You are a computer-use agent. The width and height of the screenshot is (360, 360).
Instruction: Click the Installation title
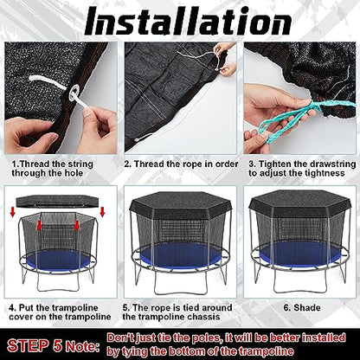pyautogui.click(x=188, y=21)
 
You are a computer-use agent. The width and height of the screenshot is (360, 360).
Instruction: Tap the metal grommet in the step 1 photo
pyautogui.click(x=74, y=93)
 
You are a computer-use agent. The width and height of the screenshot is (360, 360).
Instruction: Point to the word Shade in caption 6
pyautogui.click(x=307, y=307)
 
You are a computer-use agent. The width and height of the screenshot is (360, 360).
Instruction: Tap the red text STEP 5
pyautogui.click(x=35, y=345)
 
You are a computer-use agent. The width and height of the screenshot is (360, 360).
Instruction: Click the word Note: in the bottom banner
pyautogui.click(x=83, y=346)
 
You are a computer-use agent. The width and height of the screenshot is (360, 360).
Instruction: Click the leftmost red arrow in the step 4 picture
pyautogui.click(x=12, y=212)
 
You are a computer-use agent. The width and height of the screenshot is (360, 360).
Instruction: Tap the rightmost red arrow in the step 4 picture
pyautogui.click(x=102, y=212)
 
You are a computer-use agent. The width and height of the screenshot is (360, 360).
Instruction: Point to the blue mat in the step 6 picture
pyautogui.click(x=300, y=254)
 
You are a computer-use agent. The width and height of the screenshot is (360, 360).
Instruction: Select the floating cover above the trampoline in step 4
pyautogui.click(x=57, y=201)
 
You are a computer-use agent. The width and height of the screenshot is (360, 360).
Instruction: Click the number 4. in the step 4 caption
pyautogui.click(x=12, y=307)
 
